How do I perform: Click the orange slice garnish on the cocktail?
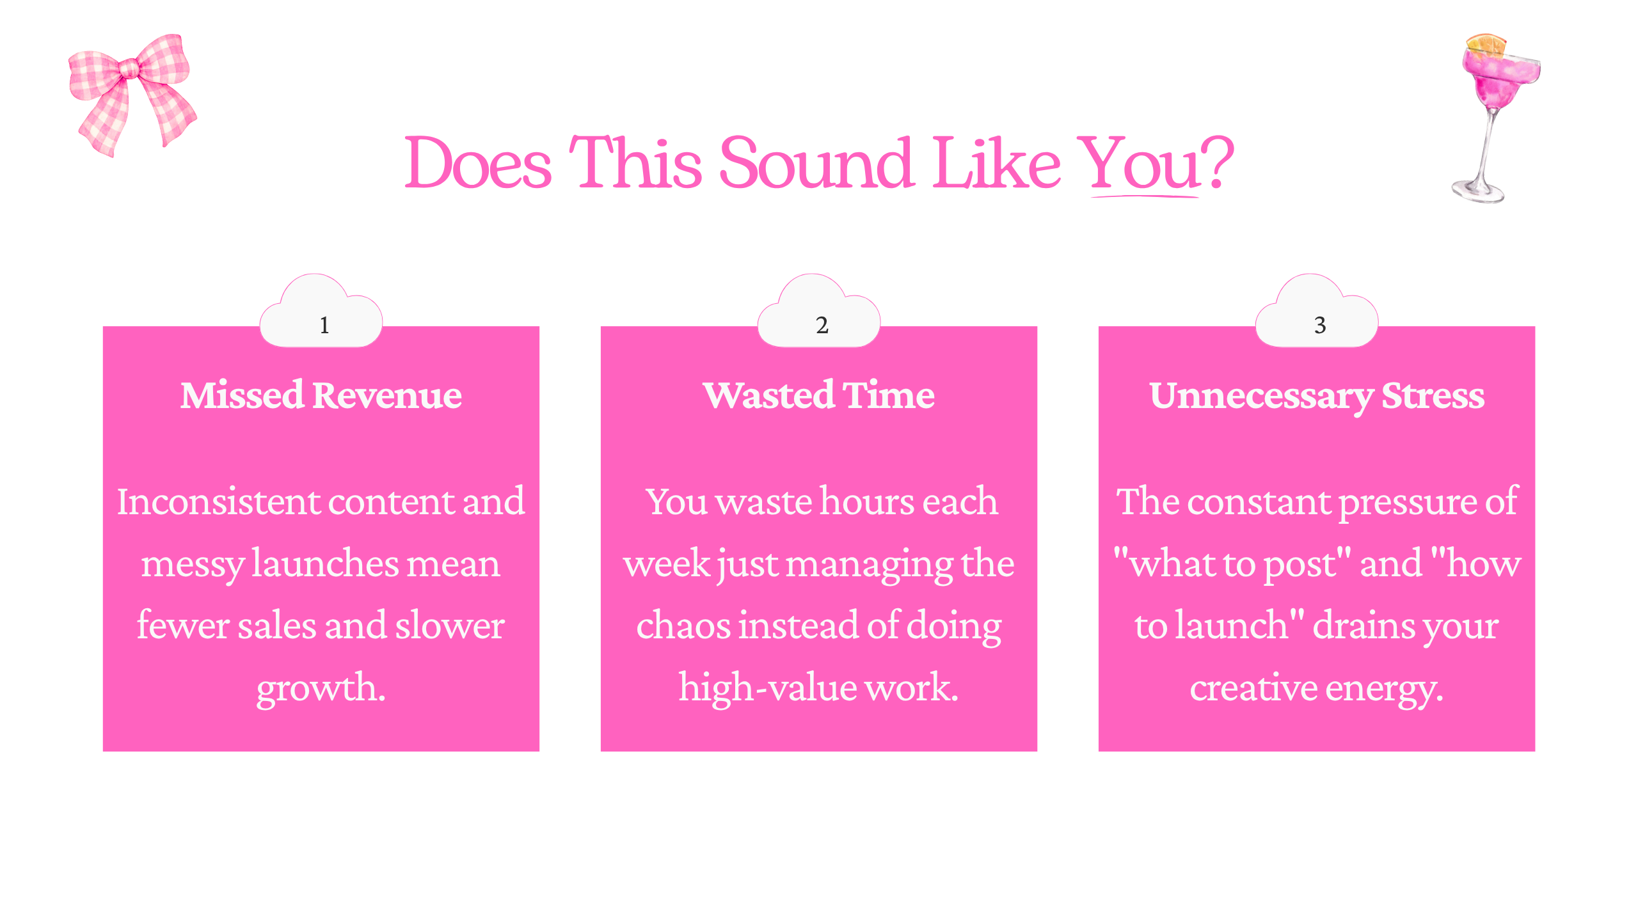point(1486,45)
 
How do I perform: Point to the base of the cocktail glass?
point(1477,191)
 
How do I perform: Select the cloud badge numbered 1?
point(321,313)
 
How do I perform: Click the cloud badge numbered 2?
point(819,313)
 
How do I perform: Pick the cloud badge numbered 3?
point(1317,313)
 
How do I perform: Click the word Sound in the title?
point(816,162)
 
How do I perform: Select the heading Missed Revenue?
point(321,395)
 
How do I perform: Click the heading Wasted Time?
point(819,395)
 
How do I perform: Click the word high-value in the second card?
point(768,688)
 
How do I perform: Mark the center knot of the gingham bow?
point(130,68)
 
